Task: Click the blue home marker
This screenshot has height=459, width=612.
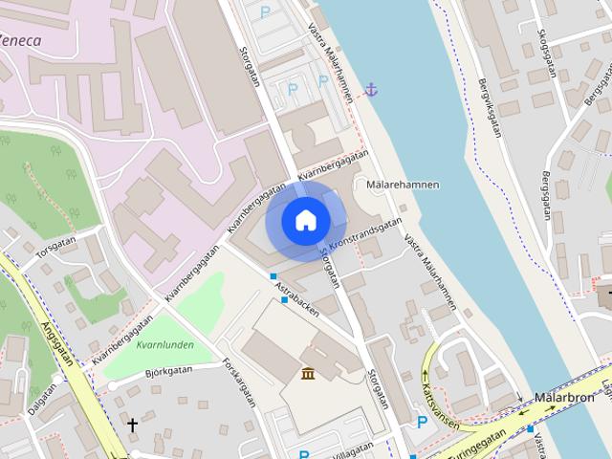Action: click(x=305, y=221)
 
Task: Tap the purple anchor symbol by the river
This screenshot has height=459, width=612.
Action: click(x=372, y=90)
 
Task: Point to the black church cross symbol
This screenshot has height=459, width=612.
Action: click(x=132, y=423)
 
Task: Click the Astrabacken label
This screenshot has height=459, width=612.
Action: click(x=295, y=297)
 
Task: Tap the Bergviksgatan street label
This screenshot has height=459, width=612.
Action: click(x=493, y=107)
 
